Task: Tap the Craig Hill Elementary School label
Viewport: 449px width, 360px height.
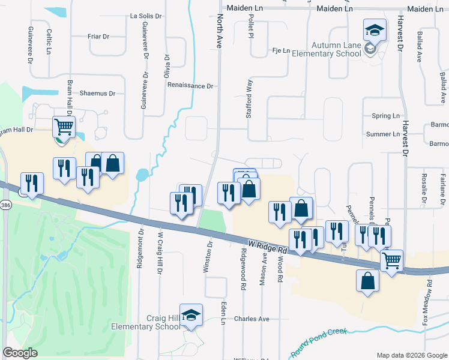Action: pos(146,323)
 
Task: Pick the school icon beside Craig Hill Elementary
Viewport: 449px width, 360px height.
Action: pos(191,316)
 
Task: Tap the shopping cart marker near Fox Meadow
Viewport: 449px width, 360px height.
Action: pos(391,262)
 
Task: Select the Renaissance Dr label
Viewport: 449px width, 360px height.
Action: pos(190,86)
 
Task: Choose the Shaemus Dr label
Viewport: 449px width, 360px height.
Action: pos(97,94)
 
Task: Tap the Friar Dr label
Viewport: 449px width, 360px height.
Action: pos(98,37)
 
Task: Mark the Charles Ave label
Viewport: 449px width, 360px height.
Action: pos(252,319)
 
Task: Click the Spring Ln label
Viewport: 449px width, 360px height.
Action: pos(385,116)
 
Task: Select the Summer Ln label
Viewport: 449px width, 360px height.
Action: pos(382,134)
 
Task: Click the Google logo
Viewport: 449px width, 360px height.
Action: pos(20,353)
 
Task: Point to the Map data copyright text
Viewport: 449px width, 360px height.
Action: pos(411,355)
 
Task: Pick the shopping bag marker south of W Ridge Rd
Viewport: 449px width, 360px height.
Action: pos(368,281)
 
